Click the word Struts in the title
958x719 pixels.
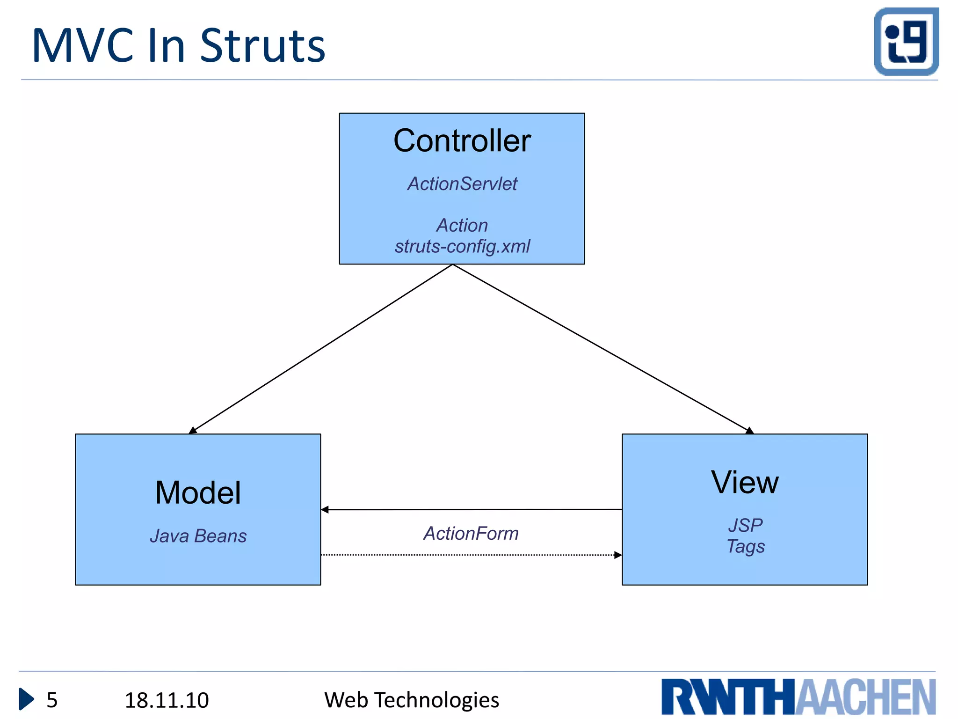(x=262, y=46)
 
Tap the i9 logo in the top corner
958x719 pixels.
(x=906, y=41)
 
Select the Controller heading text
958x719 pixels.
(x=462, y=140)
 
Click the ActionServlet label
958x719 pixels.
(x=462, y=184)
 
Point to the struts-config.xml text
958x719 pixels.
(x=462, y=246)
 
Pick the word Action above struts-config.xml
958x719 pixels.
(x=462, y=225)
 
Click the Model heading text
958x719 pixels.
(x=198, y=492)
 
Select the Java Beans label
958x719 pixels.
(x=198, y=536)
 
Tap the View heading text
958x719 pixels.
(x=745, y=482)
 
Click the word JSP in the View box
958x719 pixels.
(x=745, y=525)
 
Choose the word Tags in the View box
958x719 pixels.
(x=745, y=546)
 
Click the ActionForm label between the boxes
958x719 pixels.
(x=471, y=534)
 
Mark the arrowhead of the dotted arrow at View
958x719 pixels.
(x=618, y=555)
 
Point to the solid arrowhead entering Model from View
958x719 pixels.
(x=325, y=509)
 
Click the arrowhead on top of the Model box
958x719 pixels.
(x=193, y=430)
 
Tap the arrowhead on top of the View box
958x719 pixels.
(x=749, y=431)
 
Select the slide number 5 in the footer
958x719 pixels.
(x=52, y=700)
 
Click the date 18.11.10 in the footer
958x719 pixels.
(x=167, y=700)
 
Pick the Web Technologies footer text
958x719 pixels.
(x=412, y=700)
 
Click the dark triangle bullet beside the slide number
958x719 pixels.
(x=26, y=699)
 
